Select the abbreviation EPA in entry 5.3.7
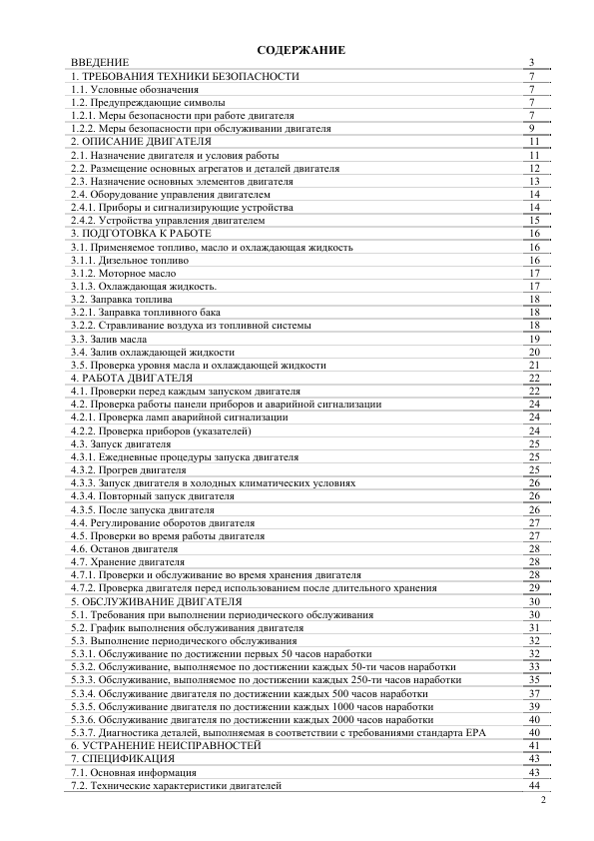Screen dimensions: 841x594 (x=472, y=732)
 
